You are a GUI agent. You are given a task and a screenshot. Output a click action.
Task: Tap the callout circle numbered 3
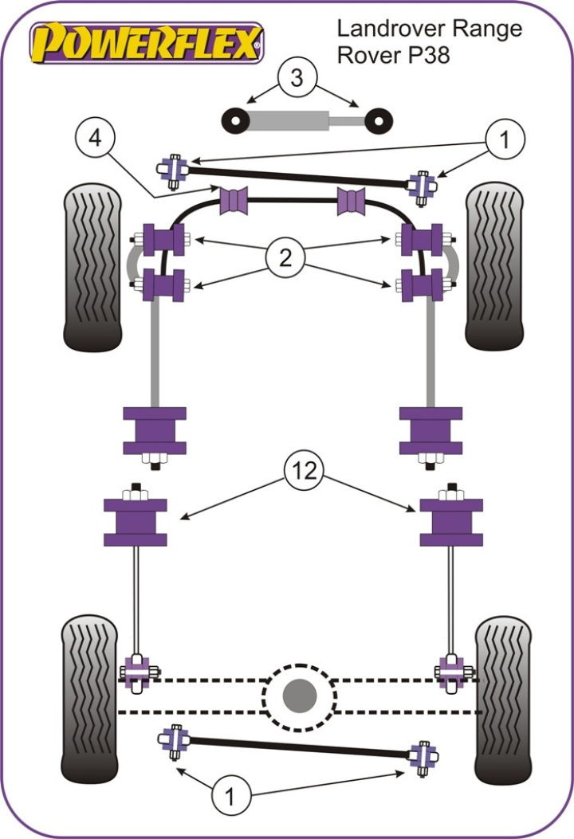(x=297, y=78)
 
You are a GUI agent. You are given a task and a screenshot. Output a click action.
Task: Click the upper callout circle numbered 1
(x=503, y=140)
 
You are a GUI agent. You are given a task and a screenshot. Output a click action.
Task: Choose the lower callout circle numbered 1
(x=230, y=794)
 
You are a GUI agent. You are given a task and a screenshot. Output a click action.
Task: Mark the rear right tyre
(x=502, y=700)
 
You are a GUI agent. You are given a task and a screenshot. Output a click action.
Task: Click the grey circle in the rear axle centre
(x=300, y=696)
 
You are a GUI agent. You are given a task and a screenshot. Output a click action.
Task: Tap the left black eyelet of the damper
(x=236, y=120)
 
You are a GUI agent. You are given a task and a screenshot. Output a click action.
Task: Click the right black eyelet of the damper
(x=379, y=120)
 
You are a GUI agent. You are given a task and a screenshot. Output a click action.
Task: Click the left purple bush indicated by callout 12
(x=136, y=521)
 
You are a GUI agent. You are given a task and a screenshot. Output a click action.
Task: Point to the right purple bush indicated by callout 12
(x=451, y=521)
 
